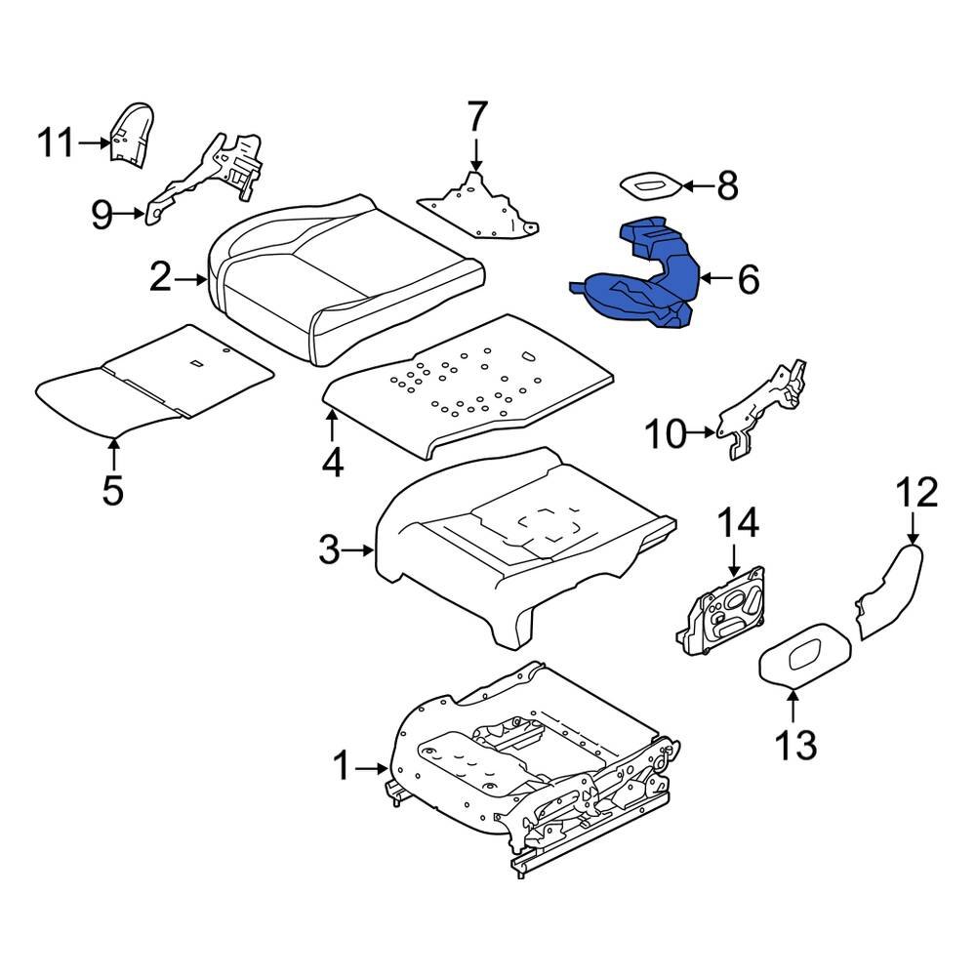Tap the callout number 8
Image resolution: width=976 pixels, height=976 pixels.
(727, 184)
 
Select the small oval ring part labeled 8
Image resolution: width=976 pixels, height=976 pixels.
(650, 183)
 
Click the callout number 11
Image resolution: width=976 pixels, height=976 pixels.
(56, 143)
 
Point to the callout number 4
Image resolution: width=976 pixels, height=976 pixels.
(333, 462)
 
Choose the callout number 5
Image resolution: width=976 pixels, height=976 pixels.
(113, 488)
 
